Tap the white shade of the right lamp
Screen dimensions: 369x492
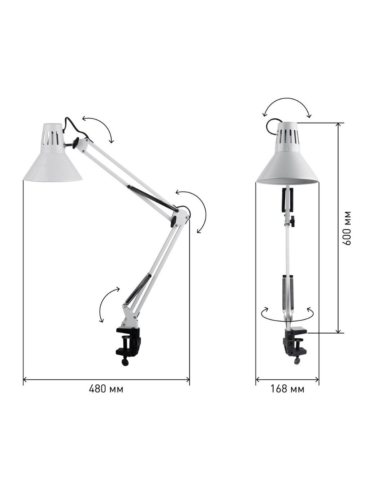click(288, 153)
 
